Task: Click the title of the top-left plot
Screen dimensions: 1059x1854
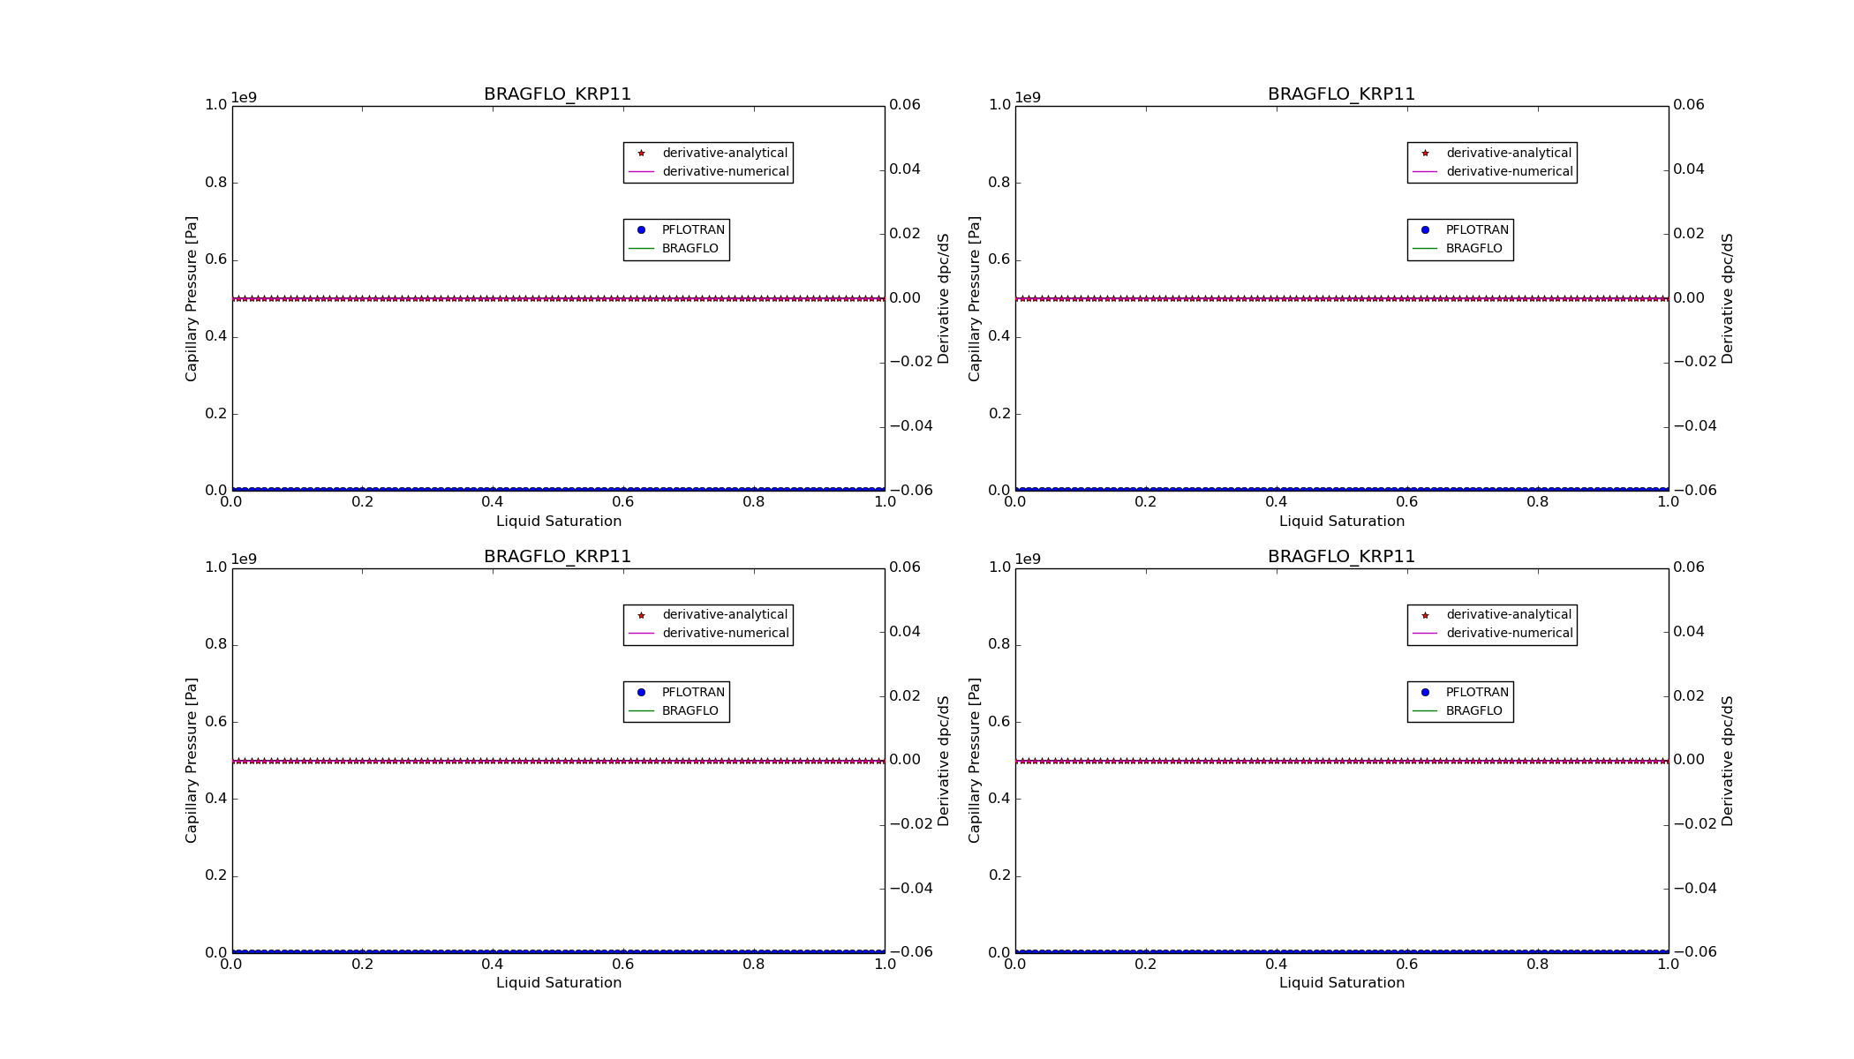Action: (x=557, y=94)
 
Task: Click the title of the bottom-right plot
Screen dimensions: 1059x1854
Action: (x=1341, y=557)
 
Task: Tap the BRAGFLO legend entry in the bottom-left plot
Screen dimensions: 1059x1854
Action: (x=690, y=711)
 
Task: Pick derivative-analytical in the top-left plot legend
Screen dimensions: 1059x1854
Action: (x=724, y=154)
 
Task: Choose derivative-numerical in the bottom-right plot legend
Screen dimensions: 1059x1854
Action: (x=1509, y=634)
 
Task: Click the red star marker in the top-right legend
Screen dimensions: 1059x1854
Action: (x=1425, y=154)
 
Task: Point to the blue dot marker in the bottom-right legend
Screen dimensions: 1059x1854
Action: (x=1425, y=693)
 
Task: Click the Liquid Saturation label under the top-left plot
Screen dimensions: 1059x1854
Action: (x=558, y=522)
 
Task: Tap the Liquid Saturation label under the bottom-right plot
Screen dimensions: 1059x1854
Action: (x=1341, y=983)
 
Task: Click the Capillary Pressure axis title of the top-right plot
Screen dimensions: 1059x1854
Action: (x=975, y=298)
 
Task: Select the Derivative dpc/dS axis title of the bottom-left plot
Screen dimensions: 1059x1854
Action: (x=944, y=761)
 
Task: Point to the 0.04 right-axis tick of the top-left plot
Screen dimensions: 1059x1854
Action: (x=905, y=169)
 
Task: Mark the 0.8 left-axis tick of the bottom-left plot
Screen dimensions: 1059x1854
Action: (x=216, y=644)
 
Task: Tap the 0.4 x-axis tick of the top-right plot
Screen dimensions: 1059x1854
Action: (x=1276, y=502)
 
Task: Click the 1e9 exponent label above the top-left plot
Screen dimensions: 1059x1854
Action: (x=244, y=98)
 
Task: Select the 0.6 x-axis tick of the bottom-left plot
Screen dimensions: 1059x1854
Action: (x=623, y=965)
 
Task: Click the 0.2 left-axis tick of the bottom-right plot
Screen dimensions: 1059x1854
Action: (x=999, y=876)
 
